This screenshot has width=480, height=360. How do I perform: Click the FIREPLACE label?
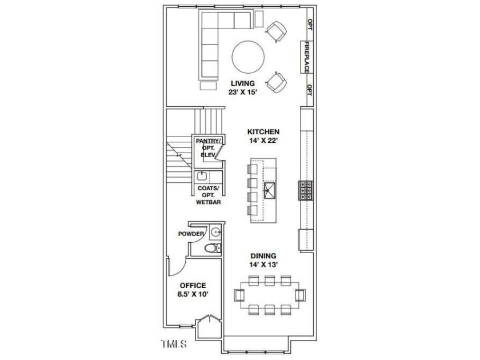[x=307, y=57]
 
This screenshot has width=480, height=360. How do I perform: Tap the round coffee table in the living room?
[x=248, y=57]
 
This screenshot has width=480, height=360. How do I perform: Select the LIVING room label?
[x=243, y=83]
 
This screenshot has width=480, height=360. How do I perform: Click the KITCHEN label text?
[x=263, y=131]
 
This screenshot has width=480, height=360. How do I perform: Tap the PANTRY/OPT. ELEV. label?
[x=208, y=147]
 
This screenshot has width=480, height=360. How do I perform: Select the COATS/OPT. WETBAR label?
[x=209, y=195]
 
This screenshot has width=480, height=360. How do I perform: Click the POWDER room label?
[x=191, y=234]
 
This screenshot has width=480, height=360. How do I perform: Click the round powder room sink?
[x=215, y=231]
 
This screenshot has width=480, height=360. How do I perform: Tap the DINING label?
[x=263, y=256]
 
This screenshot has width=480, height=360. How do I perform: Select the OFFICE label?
[x=193, y=285]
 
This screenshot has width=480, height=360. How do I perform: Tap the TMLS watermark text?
[x=174, y=345]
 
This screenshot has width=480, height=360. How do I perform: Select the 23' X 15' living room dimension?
[x=243, y=92]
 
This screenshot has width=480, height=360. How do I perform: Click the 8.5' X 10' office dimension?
[x=193, y=294]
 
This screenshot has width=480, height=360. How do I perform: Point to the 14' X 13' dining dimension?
[x=263, y=265]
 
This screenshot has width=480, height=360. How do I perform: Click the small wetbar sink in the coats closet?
[x=200, y=175]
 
